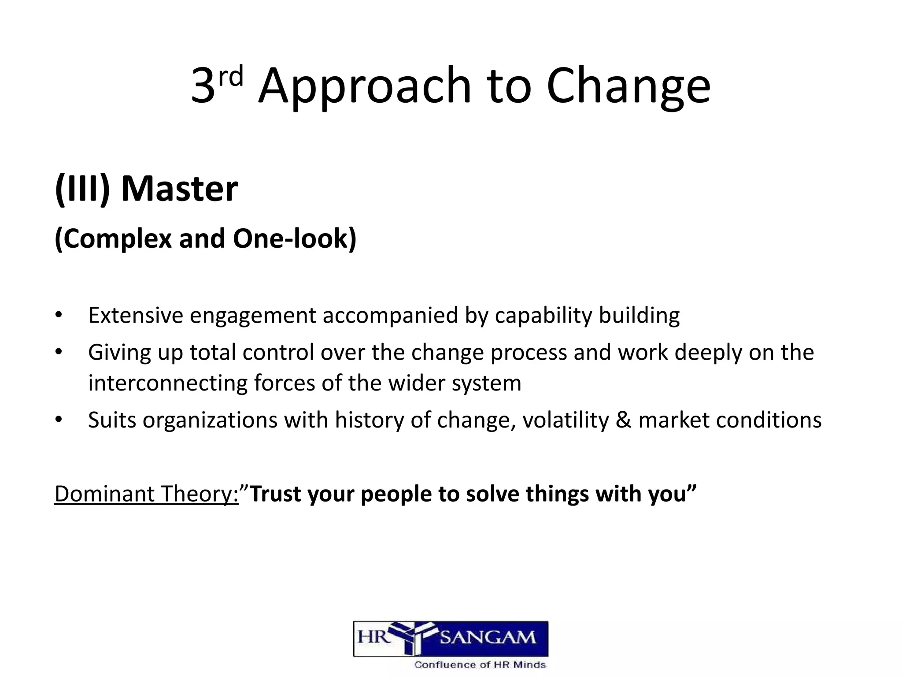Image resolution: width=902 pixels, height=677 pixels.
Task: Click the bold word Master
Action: tap(179, 189)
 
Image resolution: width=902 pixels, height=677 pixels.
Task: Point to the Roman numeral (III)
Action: tap(82, 189)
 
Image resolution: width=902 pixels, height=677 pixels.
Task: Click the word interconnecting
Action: tap(167, 383)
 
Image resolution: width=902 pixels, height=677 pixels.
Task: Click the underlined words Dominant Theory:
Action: tap(147, 494)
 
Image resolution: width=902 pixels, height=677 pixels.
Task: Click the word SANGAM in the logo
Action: tap(488, 638)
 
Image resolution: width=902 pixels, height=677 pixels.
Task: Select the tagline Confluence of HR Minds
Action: tap(480, 665)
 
